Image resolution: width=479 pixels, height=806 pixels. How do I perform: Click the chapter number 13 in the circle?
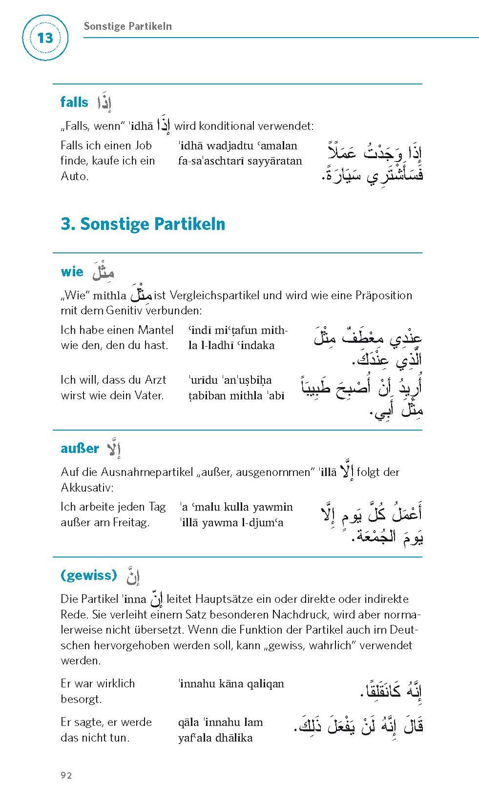pos(44,38)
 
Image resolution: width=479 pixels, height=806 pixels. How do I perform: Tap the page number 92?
pos(66,775)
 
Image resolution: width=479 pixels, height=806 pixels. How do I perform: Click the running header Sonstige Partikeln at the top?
pos(127,26)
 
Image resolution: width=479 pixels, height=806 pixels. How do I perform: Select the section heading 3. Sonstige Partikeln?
pos(143,224)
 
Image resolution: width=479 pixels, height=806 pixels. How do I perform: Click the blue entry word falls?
pos(74,102)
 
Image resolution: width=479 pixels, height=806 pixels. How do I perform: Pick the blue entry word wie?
pos(72,272)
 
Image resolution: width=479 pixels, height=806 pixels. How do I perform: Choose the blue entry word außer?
pos(80,449)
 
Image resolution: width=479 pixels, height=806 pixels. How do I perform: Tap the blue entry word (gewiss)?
pos(89,575)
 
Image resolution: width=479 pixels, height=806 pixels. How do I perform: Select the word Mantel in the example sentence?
pos(155,330)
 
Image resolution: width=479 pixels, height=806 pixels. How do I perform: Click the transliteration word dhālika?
pos(231,737)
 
